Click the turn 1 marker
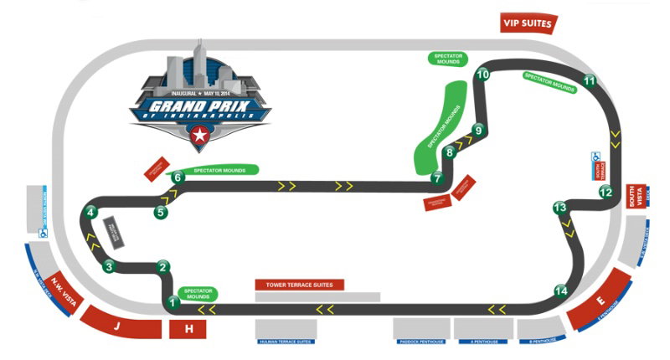173,302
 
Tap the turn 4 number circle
90,213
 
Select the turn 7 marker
436,177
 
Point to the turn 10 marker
482,75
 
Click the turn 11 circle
590,81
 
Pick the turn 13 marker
560,207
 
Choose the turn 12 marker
606,192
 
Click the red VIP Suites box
528,23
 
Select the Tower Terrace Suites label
299,285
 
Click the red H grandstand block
188,329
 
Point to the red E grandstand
600,298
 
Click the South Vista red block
633,197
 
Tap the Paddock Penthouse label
421,342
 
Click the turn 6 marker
177,177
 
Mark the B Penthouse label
542,342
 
